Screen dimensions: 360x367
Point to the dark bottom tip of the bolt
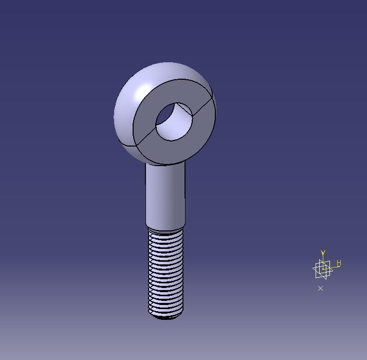166,317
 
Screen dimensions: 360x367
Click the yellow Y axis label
323,253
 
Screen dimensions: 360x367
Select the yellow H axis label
339,263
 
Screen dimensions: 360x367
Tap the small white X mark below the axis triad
320,289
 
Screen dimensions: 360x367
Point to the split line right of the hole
203,109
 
